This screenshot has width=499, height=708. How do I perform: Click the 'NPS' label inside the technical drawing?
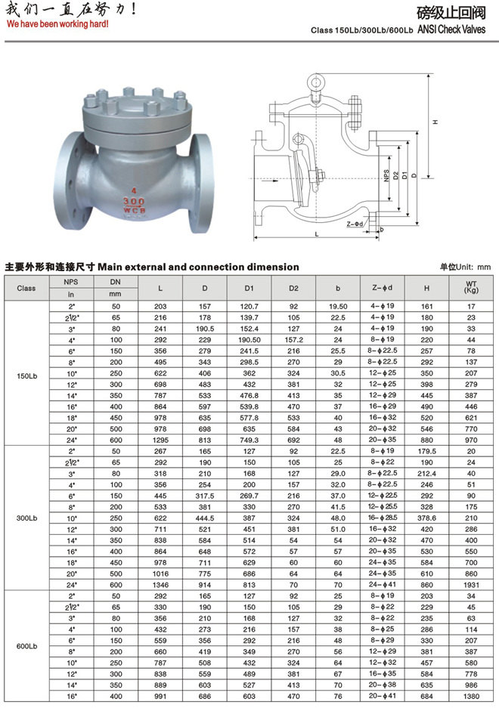click(386, 176)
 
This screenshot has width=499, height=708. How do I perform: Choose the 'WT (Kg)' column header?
click(472, 288)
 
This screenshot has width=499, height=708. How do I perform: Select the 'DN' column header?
click(115, 282)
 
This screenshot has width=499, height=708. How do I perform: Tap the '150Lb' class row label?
click(26, 376)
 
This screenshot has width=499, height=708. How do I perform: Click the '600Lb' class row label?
click(26, 647)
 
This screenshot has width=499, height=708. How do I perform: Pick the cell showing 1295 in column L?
click(160, 440)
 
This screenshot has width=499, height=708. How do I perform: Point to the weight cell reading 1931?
click(472, 584)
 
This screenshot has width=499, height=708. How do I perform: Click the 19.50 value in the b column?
click(338, 306)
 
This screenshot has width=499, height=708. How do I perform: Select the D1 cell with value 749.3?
click(249, 440)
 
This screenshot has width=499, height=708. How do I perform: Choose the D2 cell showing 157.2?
click(293, 339)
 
